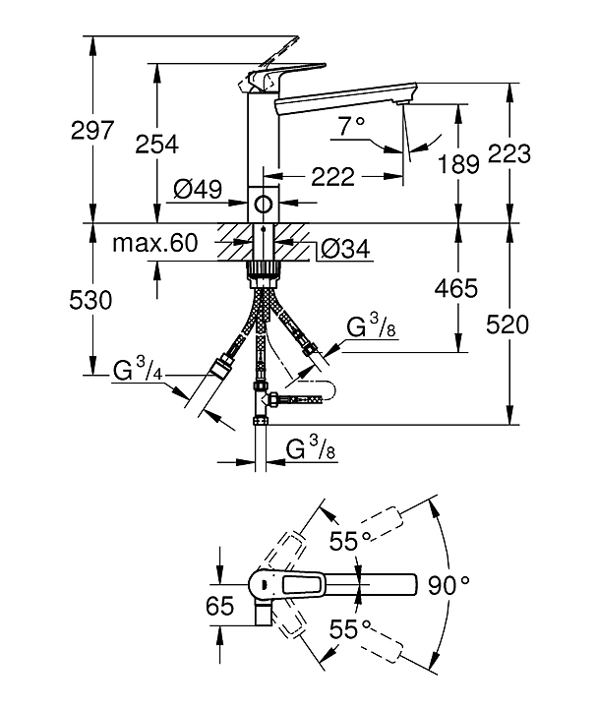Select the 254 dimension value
click(157, 144)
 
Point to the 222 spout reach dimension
click(331, 179)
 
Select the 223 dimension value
click(509, 153)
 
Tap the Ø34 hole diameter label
click(344, 251)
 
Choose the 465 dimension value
click(456, 289)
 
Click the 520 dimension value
click(509, 325)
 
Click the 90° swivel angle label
click(449, 585)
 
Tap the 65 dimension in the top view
click(220, 606)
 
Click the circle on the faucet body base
click(263, 205)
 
